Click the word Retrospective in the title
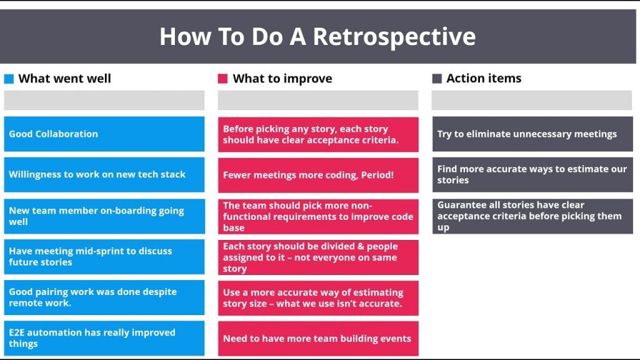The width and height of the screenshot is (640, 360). pyautogui.click(x=394, y=37)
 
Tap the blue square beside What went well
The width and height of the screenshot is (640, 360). pyautogui.click(x=9, y=79)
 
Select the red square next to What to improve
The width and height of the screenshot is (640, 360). pyautogui.click(x=222, y=79)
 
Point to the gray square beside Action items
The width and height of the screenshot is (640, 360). pyautogui.click(x=437, y=78)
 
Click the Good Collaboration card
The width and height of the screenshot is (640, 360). pyautogui.click(x=104, y=134)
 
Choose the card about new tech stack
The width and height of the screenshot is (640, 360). pyautogui.click(x=104, y=175)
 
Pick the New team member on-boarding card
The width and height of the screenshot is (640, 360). pyautogui.click(x=104, y=216)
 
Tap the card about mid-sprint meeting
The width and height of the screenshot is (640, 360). pyautogui.click(x=104, y=257)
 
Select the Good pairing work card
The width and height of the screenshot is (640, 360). pyautogui.click(x=104, y=297)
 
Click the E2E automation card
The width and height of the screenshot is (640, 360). pyautogui.click(x=104, y=338)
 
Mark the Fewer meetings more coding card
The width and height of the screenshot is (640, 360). pyautogui.click(x=318, y=175)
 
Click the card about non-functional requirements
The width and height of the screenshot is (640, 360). pyautogui.click(x=318, y=216)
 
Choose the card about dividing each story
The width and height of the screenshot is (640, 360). pyautogui.click(x=318, y=257)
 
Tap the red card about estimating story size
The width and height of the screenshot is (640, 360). pyautogui.click(x=318, y=298)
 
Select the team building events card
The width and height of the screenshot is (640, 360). pyautogui.click(x=318, y=338)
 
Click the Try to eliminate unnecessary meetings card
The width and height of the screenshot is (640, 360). pyautogui.click(x=532, y=134)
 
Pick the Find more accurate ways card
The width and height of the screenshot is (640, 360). pyautogui.click(x=532, y=175)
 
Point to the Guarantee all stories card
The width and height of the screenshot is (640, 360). pyautogui.click(x=532, y=216)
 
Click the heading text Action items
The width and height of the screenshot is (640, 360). pyautogui.click(x=484, y=78)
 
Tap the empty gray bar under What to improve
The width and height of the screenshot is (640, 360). pyautogui.click(x=318, y=101)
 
